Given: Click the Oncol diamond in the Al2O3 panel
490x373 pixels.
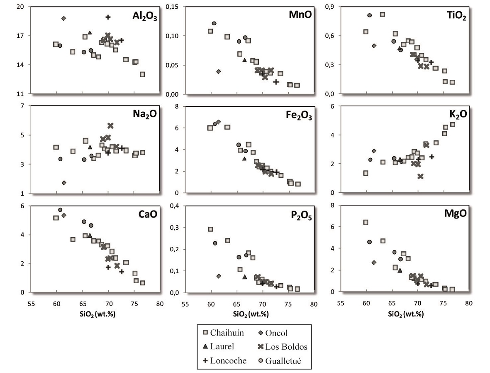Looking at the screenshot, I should click(x=63, y=18).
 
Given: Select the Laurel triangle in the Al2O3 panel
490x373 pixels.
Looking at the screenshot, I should click(x=90, y=32).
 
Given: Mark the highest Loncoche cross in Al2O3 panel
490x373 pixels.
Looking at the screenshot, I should click(x=108, y=17).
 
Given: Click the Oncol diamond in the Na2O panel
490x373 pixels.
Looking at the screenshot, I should click(x=64, y=183).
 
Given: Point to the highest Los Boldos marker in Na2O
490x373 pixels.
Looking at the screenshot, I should click(x=110, y=125).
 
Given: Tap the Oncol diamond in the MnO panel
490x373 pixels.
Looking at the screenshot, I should click(x=219, y=71).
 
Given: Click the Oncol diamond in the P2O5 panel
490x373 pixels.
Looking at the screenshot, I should click(x=219, y=276).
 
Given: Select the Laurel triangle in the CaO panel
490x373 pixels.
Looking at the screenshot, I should click(x=90, y=235).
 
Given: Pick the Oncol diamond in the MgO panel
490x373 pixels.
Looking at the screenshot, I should click(x=374, y=263).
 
